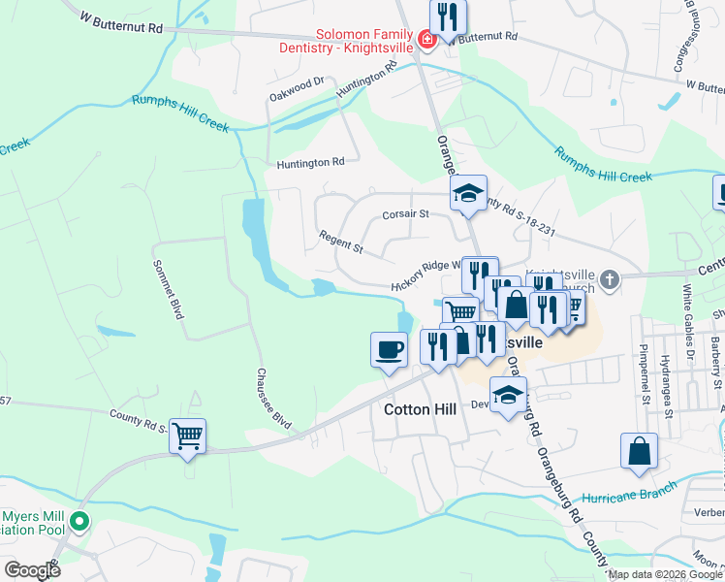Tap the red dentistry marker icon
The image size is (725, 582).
(426, 40)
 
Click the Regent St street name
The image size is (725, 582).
(340, 242)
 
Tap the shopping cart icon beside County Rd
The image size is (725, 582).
(187, 435)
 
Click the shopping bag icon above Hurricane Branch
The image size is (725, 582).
(639, 451)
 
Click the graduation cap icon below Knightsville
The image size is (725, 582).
(507, 395)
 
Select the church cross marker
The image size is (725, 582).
(609, 281)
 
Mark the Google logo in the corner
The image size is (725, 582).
(31, 570)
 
